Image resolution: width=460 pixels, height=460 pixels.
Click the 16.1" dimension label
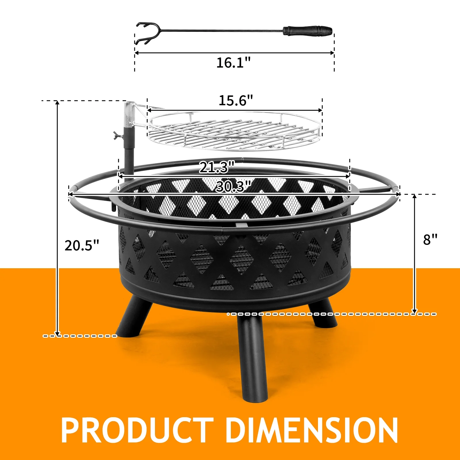tap(233, 62)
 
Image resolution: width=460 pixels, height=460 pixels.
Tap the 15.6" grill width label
tap(236, 100)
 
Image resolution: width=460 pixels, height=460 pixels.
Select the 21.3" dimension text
tap(217, 167)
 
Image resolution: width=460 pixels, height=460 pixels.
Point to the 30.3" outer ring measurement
tap(233, 187)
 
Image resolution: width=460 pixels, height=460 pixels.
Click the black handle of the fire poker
tap(308, 30)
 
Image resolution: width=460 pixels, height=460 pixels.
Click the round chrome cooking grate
tap(234, 131)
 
